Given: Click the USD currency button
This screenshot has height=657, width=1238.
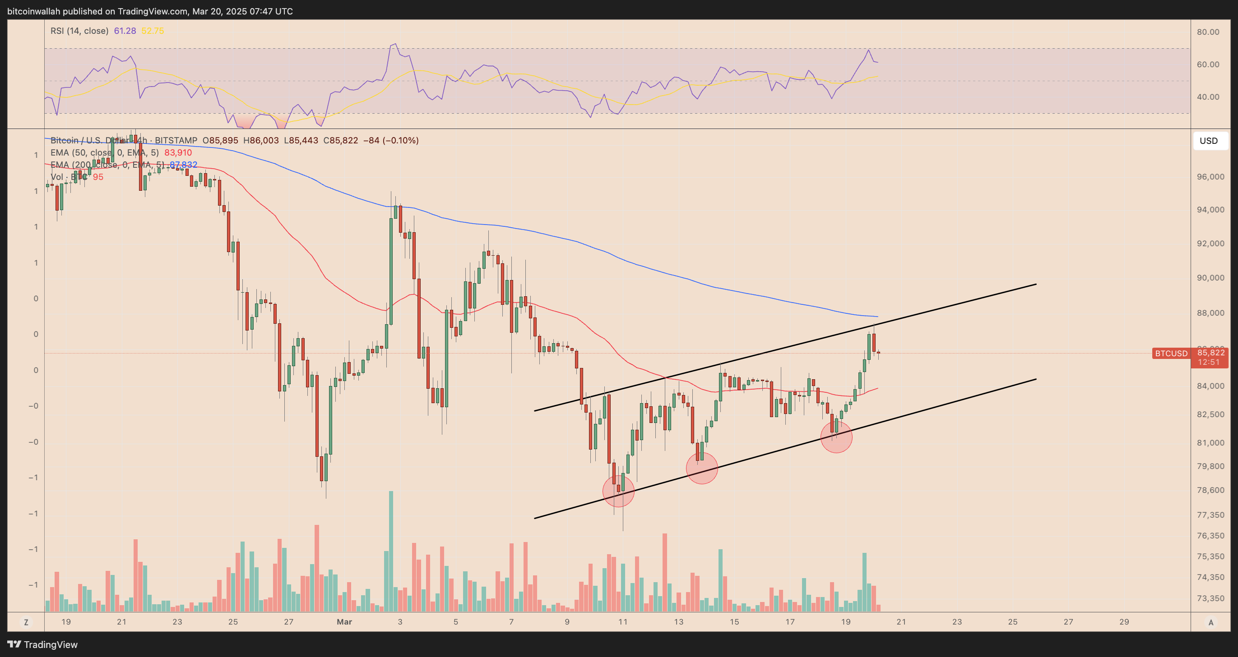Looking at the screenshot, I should [1208, 141].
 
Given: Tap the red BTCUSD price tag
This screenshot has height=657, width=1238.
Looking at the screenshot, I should [1171, 354].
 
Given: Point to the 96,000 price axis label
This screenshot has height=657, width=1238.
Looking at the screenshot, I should [1210, 177].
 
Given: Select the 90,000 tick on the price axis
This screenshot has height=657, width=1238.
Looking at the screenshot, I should [1210, 278].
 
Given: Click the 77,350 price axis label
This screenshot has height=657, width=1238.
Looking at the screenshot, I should [1210, 515].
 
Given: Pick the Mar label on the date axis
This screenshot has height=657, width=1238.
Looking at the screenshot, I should [344, 621].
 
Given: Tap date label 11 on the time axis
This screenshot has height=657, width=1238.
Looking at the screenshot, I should [622, 621].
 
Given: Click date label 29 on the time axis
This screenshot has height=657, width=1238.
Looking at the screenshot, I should [1124, 621].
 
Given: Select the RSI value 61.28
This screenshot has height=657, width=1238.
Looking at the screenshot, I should [125, 31].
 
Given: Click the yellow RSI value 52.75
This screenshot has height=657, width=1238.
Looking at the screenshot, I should [153, 31].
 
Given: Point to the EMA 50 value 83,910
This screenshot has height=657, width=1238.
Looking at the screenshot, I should [178, 153].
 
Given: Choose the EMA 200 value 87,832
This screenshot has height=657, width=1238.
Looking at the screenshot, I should [184, 165].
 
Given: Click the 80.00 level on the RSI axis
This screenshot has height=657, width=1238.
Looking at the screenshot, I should [1208, 32].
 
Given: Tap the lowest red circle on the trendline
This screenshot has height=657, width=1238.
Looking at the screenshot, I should [618, 491].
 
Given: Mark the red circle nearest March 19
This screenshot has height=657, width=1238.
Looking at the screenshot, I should [836, 436].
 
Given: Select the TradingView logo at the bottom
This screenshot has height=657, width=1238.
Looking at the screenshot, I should [42, 644].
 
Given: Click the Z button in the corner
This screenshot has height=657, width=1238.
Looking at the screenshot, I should [26, 622].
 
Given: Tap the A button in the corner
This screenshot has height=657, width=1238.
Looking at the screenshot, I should [1210, 622].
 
